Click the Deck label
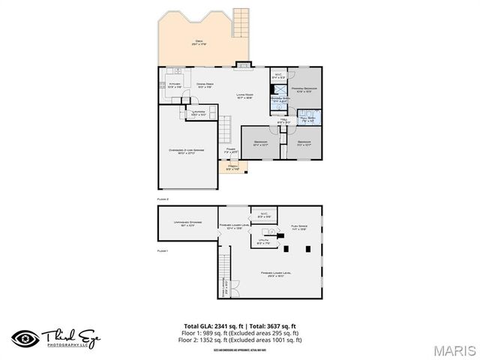[x=199, y=43]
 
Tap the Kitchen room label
[x=174, y=85]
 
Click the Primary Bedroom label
[x=304, y=91]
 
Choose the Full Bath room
[x=307, y=118]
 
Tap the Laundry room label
[x=198, y=113]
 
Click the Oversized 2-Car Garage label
[x=187, y=152]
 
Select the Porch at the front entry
[x=233, y=167]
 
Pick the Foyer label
[x=231, y=151]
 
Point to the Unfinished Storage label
[x=185, y=224]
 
